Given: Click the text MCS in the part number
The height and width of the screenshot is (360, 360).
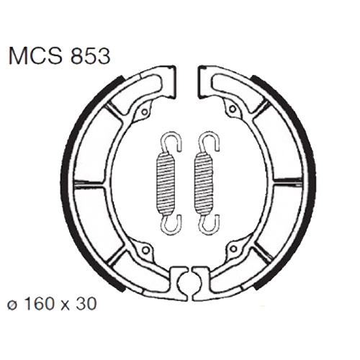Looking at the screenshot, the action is click(x=35, y=57).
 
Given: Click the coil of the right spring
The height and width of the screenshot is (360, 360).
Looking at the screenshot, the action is click(x=204, y=184).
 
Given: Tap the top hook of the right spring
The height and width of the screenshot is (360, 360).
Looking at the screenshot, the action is click(x=210, y=142).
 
